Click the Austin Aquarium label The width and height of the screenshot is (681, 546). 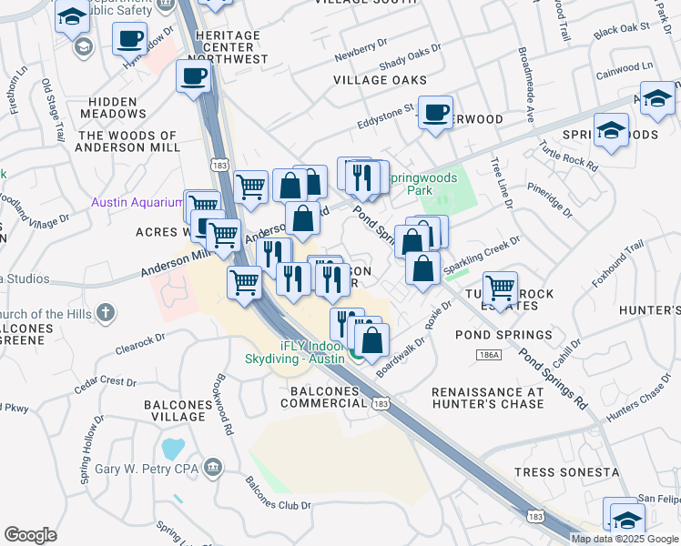(137, 202)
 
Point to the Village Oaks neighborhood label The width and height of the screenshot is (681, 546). (380, 80)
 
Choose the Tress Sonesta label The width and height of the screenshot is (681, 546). (567, 472)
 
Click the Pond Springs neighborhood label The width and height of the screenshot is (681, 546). (503, 335)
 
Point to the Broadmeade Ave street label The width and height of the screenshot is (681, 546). (526, 86)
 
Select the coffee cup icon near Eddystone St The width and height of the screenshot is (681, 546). (436, 112)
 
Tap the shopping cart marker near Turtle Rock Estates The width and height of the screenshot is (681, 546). (500, 288)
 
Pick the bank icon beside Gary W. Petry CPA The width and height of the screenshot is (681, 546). (212, 468)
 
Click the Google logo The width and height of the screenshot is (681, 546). (31, 535)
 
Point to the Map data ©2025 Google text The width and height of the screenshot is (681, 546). (625, 539)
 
